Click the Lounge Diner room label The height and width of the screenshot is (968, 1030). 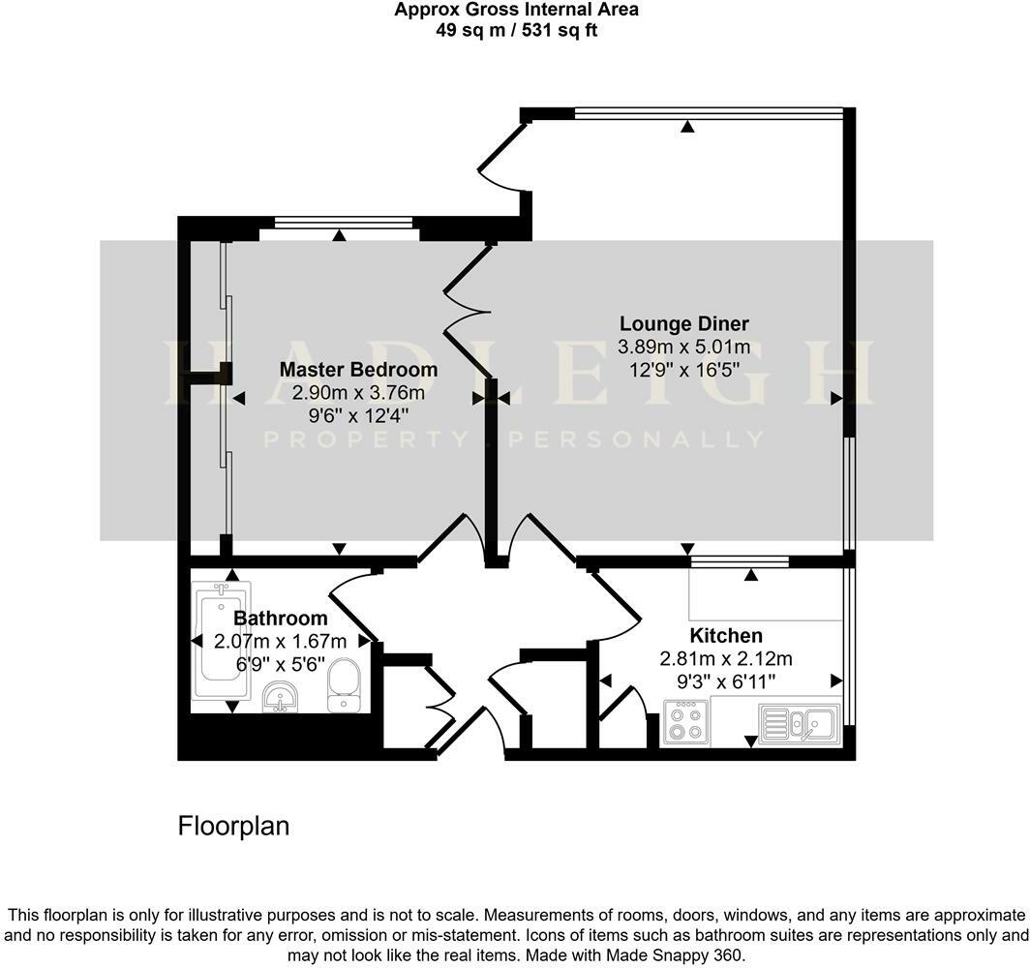684,323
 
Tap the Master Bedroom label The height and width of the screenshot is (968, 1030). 358,369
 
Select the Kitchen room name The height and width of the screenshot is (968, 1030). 726,636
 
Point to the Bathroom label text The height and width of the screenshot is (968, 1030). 281,619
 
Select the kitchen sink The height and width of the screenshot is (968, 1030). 799,723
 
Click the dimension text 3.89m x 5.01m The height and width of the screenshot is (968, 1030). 684,347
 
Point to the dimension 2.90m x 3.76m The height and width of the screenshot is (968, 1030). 358,393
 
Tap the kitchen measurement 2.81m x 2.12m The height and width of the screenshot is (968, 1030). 726,659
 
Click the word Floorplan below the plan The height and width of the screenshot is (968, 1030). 234,826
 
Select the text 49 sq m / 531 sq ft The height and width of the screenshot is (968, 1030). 516,30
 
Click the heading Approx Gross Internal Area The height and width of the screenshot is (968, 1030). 516,11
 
